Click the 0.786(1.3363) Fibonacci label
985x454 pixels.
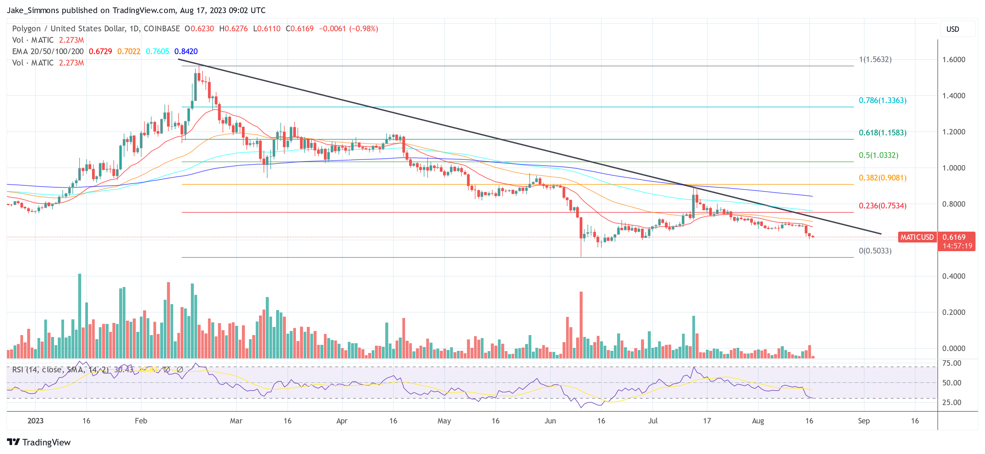(x=882, y=100)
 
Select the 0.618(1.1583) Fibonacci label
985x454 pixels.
(x=882, y=133)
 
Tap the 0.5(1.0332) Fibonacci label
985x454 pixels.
(x=878, y=155)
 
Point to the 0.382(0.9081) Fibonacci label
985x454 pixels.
(x=882, y=178)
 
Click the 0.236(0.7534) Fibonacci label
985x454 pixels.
(x=882, y=206)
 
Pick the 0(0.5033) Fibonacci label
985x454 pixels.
(x=875, y=251)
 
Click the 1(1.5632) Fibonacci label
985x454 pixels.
(x=875, y=59)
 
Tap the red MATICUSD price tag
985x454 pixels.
(x=917, y=237)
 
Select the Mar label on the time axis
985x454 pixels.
(x=236, y=421)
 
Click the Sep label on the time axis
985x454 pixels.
(x=863, y=421)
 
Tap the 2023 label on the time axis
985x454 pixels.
(x=35, y=421)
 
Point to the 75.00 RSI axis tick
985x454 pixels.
(x=951, y=363)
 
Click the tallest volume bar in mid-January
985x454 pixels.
(x=80, y=316)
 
